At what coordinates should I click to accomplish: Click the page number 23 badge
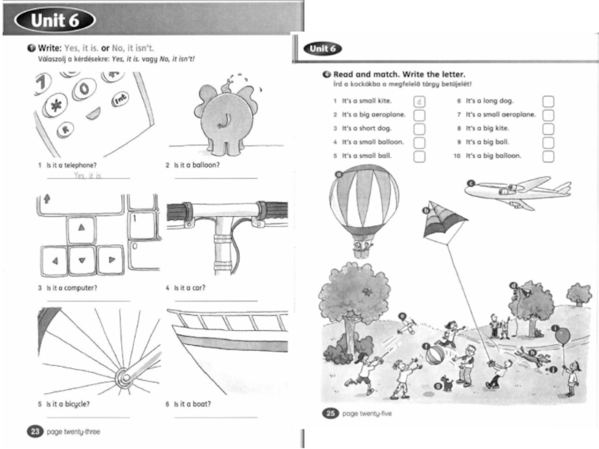pos(35,431)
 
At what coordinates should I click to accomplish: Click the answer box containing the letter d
pos(419,101)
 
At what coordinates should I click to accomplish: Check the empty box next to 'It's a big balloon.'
pos(548,156)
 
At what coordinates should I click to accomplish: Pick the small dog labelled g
pos(448,384)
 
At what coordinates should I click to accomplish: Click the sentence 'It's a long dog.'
pos(490,101)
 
